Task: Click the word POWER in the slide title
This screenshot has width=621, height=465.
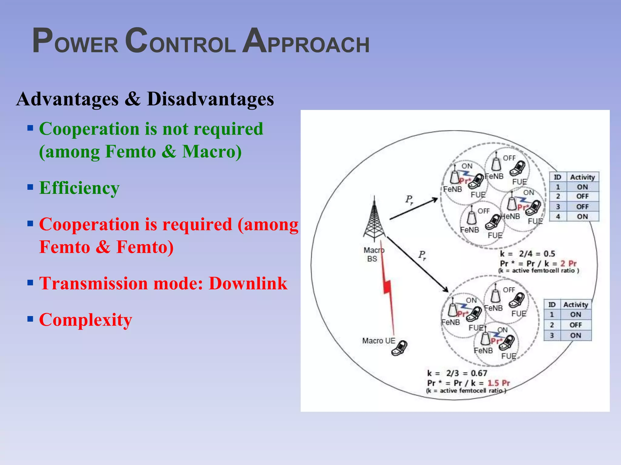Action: [75, 41]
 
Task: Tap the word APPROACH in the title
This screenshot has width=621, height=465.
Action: [306, 41]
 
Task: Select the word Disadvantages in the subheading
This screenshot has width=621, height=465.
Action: [210, 99]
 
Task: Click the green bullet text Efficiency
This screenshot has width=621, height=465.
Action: [79, 188]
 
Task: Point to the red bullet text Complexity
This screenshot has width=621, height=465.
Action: [86, 320]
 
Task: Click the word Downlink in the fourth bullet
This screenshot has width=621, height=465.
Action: [248, 283]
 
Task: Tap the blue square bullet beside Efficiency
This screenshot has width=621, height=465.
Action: [30, 187]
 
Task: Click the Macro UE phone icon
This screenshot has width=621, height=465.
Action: [400, 348]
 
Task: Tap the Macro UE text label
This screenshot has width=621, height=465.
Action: [379, 341]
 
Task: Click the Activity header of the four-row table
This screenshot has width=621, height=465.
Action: [582, 177]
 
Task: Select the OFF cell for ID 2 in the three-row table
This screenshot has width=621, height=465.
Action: [576, 325]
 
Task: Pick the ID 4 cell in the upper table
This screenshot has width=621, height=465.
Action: [558, 217]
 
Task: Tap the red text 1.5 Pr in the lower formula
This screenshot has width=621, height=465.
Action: [499, 383]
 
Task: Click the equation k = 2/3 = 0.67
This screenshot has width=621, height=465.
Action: [457, 373]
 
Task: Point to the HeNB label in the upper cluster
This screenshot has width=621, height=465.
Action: [510, 216]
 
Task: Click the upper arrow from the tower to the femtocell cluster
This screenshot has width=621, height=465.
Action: [414, 209]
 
